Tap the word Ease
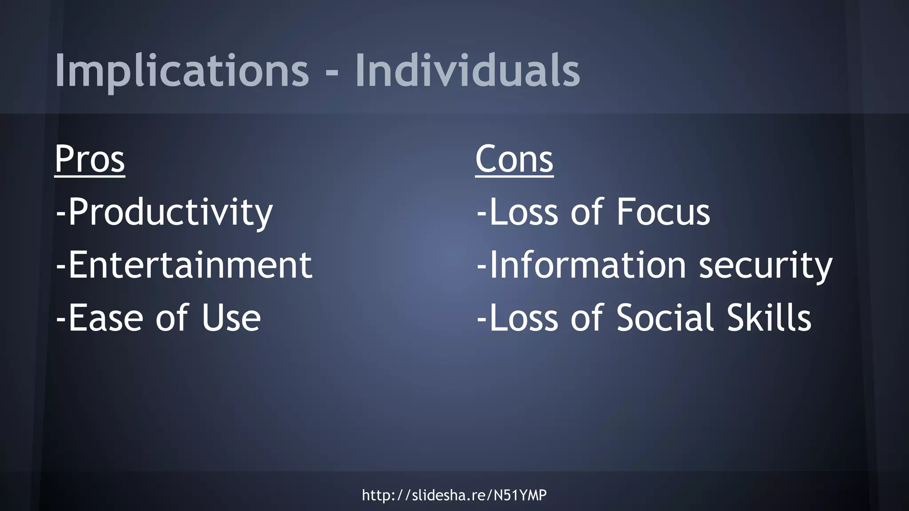[x=107, y=318]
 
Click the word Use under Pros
[x=231, y=318]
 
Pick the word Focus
[x=663, y=212]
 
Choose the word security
[x=765, y=266]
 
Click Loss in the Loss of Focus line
[x=524, y=212]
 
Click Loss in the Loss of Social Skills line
[x=524, y=318]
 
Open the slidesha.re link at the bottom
[x=454, y=495]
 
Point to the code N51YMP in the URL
[x=520, y=495]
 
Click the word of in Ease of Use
[x=172, y=318]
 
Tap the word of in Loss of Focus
[x=587, y=212]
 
